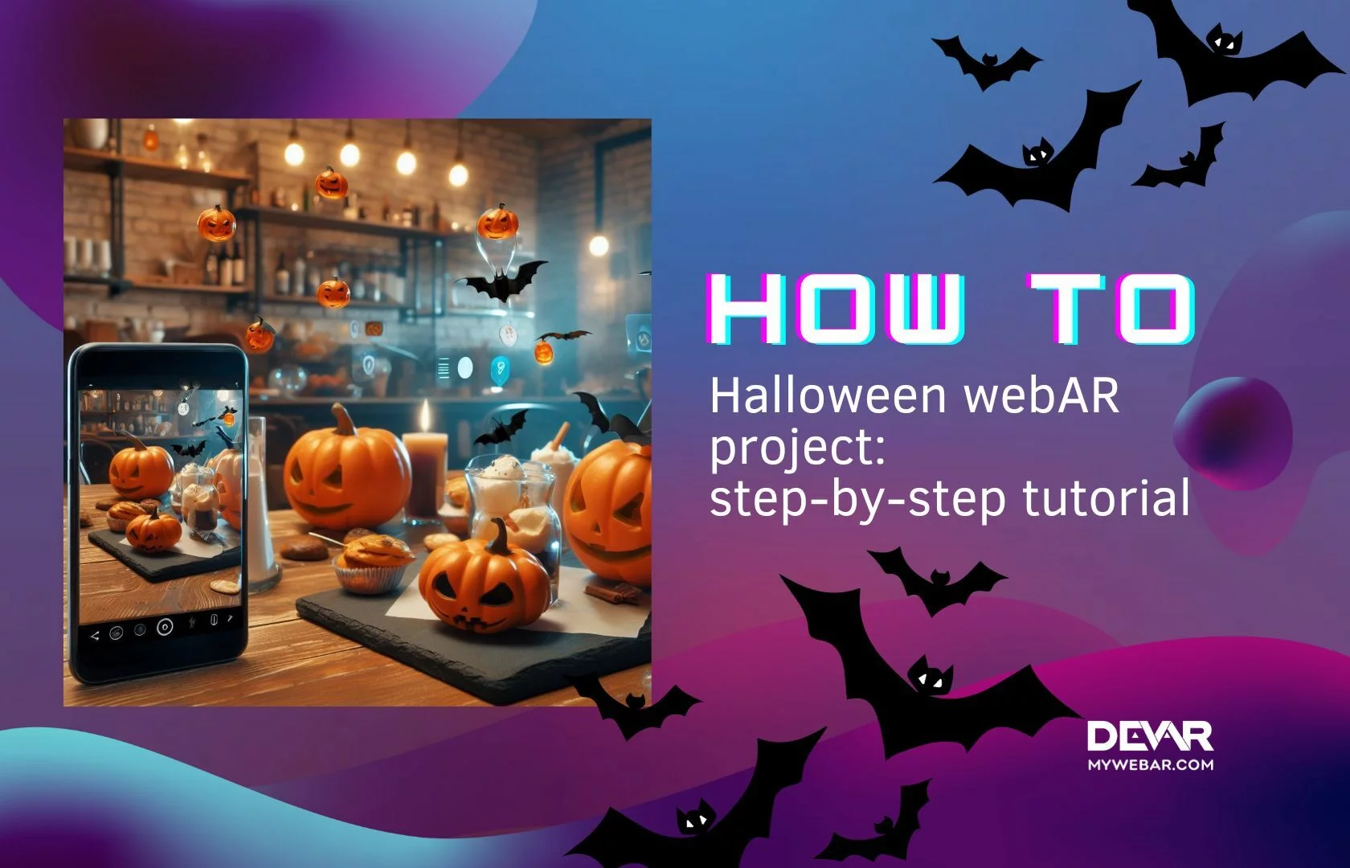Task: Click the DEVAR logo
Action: point(1150,735)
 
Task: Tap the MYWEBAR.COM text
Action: point(1150,765)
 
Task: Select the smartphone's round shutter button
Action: point(165,627)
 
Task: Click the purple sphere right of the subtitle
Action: point(1233,432)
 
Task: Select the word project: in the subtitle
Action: point(797,450)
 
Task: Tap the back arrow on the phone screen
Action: point(95,636)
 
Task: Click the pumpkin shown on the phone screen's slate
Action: point(153,530)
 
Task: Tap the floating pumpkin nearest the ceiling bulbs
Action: point(331,183)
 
